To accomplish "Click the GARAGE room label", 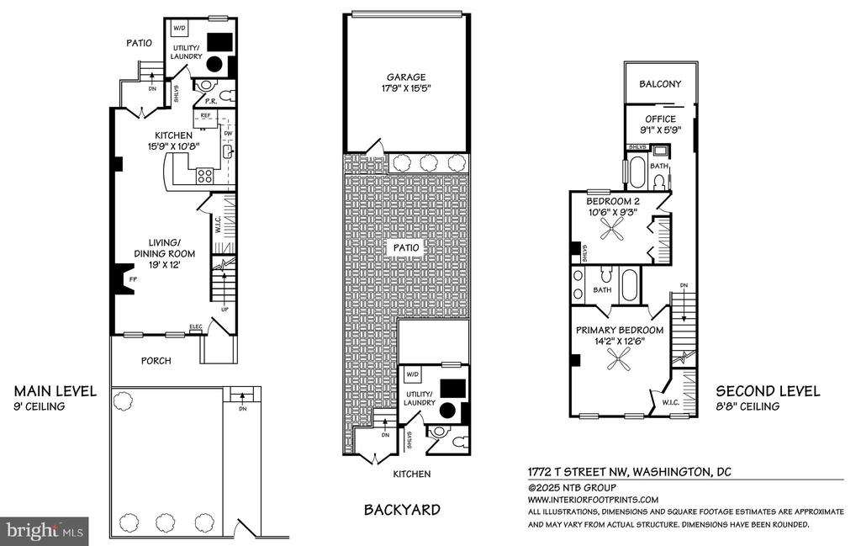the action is click(406, 77).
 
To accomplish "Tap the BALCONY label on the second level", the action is click(660, 84).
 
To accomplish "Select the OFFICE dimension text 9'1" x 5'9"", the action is click(660, 130).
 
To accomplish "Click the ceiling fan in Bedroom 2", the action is click(612, 227).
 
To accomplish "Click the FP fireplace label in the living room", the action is click(132, 279).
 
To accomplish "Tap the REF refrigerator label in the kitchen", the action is click(205, 115).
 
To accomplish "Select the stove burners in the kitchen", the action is click(205, 176).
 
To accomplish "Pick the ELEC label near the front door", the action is click(195, 326).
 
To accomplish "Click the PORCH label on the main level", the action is click(156, 361).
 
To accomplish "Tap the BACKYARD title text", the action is click(402, 510).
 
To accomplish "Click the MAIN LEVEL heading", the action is click(55, 391).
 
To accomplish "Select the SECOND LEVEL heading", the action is click(768, 391).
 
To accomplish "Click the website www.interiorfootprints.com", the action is click(593, 500).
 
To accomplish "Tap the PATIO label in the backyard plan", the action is click(406, 247).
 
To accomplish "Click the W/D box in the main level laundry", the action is click(180, 28).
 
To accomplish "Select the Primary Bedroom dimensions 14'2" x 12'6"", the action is click(620, 341).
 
